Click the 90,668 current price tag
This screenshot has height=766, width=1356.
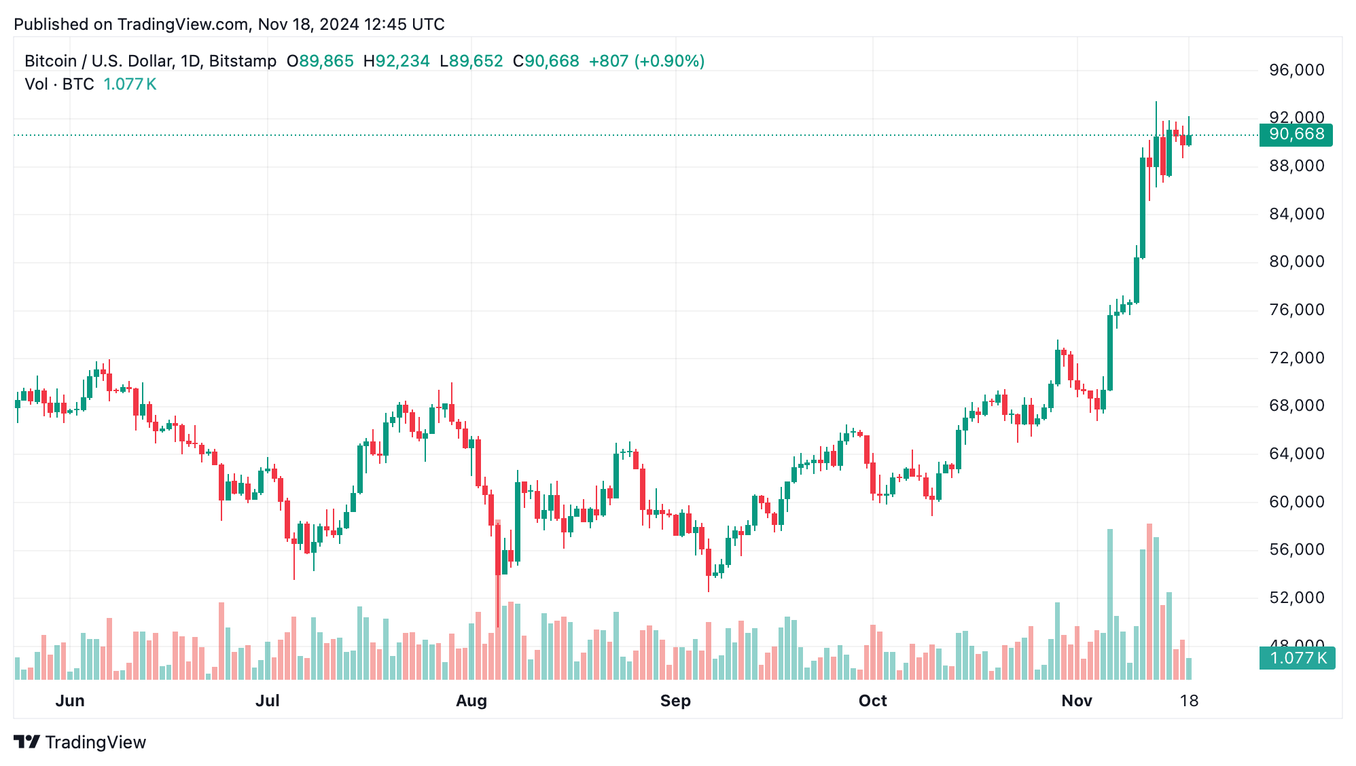pos(1295,134)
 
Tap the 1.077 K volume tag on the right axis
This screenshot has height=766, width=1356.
pos(1296,658)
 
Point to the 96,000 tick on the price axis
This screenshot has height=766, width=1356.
pos(1296,70)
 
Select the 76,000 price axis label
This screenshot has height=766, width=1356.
pos(1296,310)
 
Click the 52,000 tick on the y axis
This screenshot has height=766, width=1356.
pos(1296,598)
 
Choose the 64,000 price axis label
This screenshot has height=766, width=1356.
pos(1296,454)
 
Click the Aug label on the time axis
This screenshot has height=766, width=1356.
pos(471,701)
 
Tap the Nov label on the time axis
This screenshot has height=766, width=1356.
pos(1076,701)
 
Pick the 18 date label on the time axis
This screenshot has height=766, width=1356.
pos(1188,701)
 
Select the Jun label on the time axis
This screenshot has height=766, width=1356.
pos(70,701)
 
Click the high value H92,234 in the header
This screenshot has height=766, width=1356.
pos(396,61)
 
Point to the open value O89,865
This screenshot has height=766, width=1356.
pos(320,61)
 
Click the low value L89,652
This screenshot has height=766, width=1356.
pos(471,61)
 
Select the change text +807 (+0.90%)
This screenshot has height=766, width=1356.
pos(646,61)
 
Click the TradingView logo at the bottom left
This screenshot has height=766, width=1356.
pos(80,742)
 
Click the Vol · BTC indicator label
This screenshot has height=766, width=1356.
pos(59,84)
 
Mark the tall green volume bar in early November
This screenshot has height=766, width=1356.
pos(1110,604)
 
